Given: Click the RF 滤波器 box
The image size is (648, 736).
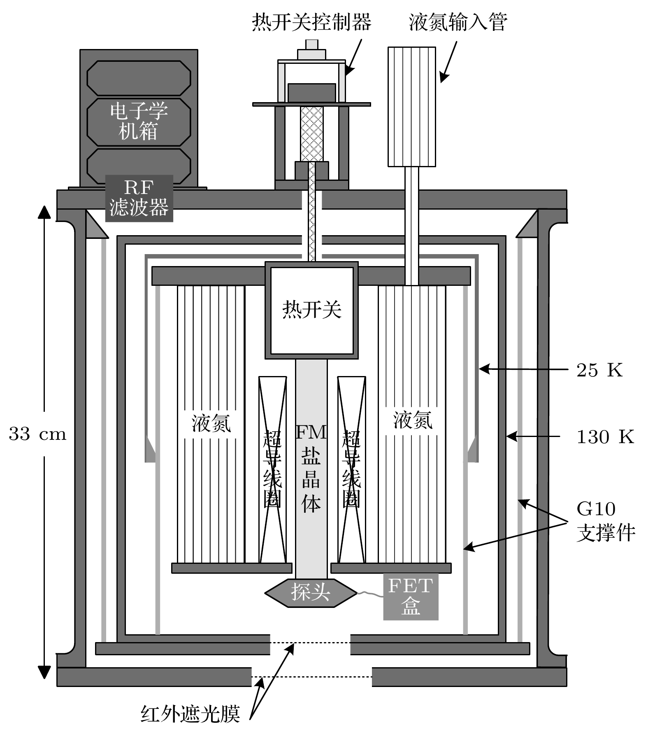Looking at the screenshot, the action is (x=139, y=198).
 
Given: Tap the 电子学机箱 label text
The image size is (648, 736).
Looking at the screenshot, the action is (x=139, y=121).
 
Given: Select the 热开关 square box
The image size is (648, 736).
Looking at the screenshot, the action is (x=311, y=310).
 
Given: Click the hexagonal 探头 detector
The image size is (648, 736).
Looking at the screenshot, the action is (x=311, y=592).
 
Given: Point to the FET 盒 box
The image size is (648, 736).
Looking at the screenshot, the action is (x=411, y=596).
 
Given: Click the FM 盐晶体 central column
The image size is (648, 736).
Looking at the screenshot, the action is (x=311, y=469).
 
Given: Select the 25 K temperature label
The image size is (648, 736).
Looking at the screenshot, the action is (x=599, y=370).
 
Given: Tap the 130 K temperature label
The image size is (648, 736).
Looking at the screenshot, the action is (x=606, y=437).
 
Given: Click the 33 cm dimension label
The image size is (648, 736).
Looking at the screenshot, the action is (x=37, y=434).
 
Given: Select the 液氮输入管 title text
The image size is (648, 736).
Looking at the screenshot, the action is (x=458, y=22).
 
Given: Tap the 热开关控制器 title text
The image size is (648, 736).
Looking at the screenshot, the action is (x=311, y=22).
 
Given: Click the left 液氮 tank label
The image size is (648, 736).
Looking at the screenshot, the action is (x=211, y=423).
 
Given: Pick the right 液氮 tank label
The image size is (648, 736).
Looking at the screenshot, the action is (x=413, y=420).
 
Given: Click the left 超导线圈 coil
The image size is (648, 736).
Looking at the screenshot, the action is (x=272, y=470).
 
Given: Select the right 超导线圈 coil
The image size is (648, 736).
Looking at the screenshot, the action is (x=351, y=470).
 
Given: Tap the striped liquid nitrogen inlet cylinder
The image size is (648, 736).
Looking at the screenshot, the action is (x=412, y=107).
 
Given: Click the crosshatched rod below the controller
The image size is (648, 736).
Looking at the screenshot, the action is (x=311, y=134).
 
